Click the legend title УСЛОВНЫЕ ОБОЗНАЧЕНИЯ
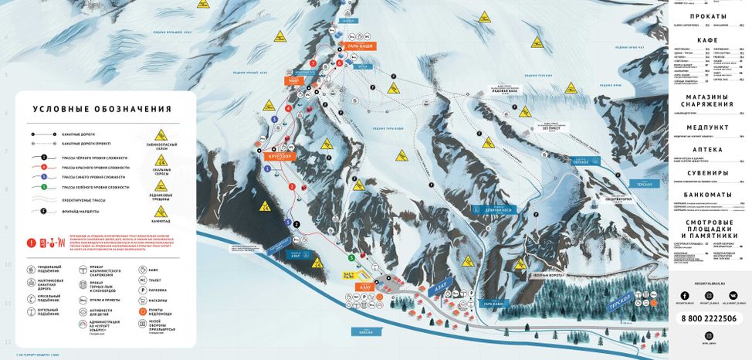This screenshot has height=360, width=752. (101, 110)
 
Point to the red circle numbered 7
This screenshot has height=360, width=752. (313, 62)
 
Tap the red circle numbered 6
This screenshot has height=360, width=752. (339, 63)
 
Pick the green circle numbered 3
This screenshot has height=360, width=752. (351, 257)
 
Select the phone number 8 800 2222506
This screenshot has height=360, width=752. (708, 318)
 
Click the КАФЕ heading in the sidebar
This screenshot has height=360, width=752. (708, 39)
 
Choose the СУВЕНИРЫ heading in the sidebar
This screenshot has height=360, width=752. (708, 172)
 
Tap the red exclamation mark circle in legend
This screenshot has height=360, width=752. (32, 243)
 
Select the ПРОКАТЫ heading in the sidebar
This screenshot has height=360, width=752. (708, 16)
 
